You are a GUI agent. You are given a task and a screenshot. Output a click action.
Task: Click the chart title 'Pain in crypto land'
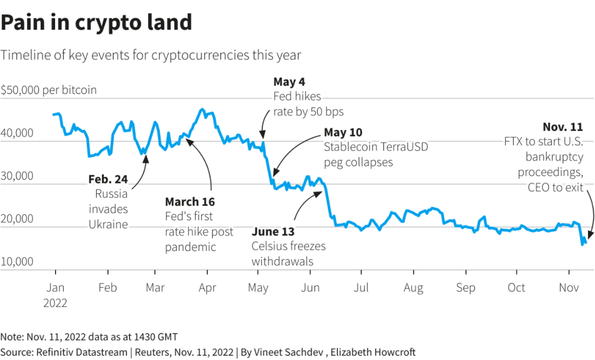(x=96, y=23)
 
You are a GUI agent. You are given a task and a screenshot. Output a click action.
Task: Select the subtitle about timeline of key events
(x=151, y=56)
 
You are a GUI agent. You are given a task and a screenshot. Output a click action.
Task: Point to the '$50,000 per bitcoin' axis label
(x=49, y=90)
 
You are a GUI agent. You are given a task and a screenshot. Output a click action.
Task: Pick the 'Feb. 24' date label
(x=108, y=179)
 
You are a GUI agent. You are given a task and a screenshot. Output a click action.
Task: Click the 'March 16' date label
(x=190, y=202)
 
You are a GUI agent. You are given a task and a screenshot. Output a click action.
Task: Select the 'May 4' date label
(x=289, y=82)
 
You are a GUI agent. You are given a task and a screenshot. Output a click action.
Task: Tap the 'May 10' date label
(x=343, y=132)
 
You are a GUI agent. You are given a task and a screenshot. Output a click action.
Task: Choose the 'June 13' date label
(x=273, y=232)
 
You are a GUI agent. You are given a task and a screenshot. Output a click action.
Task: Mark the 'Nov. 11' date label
(x=563, y=127)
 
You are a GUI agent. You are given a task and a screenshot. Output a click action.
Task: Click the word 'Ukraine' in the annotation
(x=109, y=224)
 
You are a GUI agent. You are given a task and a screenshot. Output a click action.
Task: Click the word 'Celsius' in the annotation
(x=271, y=247)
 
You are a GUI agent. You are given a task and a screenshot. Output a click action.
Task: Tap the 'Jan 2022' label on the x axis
(x=55, y=295)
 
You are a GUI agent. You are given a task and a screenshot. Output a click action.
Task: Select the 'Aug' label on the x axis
(x=413, y=288)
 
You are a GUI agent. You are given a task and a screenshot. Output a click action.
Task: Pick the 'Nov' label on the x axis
(x=569, y=288)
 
